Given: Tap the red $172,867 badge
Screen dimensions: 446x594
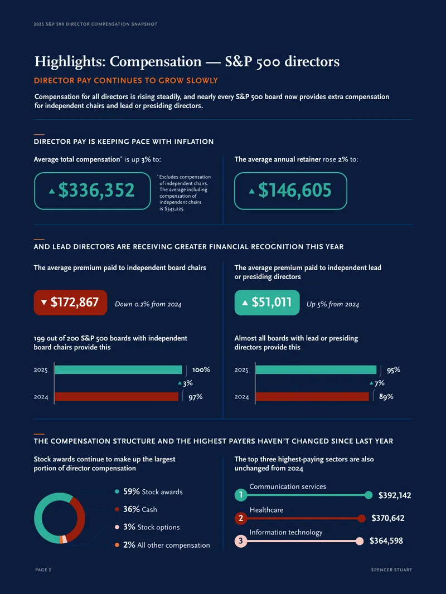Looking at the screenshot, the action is coord(70,303).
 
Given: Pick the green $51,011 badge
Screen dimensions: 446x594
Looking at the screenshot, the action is coord(267,303).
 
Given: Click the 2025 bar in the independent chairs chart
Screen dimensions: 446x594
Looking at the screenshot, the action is coord(118,370).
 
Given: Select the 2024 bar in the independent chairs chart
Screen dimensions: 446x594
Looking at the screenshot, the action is coord(117,397).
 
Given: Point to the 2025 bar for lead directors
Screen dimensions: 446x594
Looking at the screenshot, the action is coord(316,370).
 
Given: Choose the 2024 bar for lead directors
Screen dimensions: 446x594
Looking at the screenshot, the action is coord(312,397).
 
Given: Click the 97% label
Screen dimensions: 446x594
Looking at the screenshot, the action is coord(196,397).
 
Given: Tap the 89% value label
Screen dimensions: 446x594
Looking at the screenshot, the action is coord(386,397).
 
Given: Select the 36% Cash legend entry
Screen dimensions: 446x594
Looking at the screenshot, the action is coord(135,509).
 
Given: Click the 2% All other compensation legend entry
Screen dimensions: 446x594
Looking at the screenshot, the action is coord(162,545).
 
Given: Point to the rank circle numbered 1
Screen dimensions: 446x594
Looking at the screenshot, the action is coord(241,495).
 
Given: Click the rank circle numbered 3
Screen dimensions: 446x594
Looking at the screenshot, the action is coord(241,541).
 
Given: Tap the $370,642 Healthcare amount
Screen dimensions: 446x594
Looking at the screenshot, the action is coord(387,518).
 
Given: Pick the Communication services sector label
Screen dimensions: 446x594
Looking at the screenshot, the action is coord(288,486).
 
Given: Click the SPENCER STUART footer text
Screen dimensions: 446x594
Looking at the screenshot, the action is coord(391,569).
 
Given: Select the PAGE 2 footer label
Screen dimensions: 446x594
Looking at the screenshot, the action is coord(43,569).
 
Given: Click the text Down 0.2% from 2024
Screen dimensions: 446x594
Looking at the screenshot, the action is coord(148,304).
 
